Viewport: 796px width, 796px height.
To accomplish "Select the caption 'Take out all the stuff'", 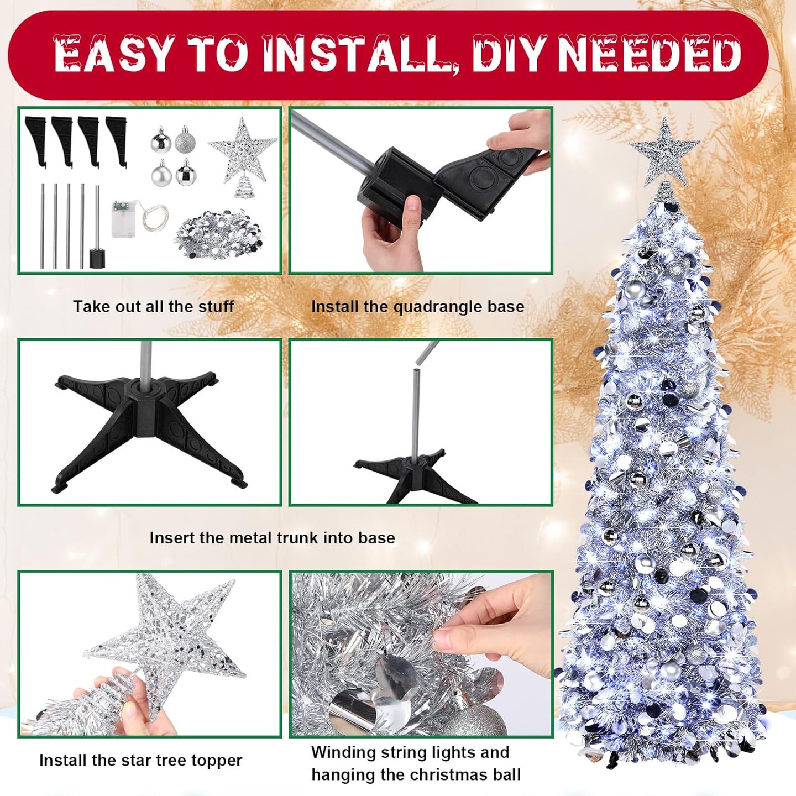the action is click(153, 306).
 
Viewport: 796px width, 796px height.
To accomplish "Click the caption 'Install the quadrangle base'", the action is click(417, 307).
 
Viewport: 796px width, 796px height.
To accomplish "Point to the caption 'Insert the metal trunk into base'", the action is click(272, 538).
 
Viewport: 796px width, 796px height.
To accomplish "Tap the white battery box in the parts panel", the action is click(123, 219).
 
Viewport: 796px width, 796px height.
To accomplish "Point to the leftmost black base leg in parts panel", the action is click(36, 142).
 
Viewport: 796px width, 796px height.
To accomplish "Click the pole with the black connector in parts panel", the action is click(97, 227).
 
